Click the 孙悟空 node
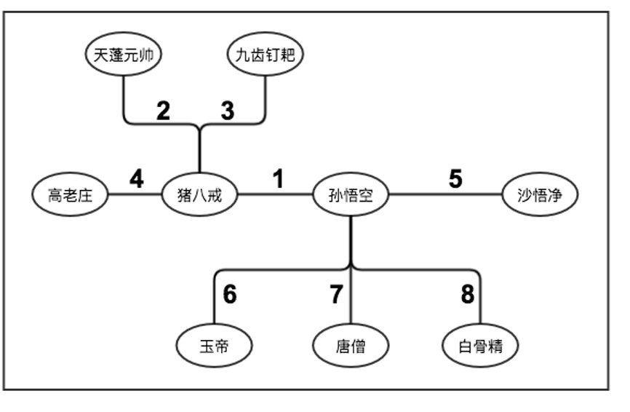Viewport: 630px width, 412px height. click(351, 195)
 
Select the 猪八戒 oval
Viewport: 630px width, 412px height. click(198, 195)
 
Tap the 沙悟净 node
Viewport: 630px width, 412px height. click(540, 195)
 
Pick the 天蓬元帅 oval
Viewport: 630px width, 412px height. click(124, 55)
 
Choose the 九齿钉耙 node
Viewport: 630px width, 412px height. click(266, 55)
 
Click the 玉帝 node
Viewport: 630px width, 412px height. click(215, 346)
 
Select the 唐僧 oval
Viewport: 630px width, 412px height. click(351, 346)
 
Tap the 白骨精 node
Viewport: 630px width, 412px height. click(481, 346)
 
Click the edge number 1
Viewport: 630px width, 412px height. click(278, 178)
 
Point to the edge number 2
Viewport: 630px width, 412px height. click(164, 111)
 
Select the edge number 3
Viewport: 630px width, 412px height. click(228, 111)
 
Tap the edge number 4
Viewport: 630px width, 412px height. click(137, 178)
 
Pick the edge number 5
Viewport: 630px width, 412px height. click(455, 178)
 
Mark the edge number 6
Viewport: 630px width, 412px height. click(230, 295)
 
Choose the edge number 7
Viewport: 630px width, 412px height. click(335, 295)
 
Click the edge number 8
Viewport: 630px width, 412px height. click(467, 295)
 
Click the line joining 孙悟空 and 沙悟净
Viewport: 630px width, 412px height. click(445, 195)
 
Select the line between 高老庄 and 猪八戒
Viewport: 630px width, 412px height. click(134, 195)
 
